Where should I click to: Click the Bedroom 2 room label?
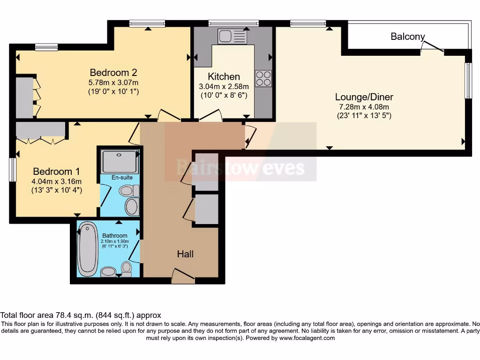click(x=113, y=73)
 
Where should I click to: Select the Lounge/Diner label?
click(x=364, y=97)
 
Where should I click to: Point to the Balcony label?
click(x=407, y=37)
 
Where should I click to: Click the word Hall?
click(x=185, y=254)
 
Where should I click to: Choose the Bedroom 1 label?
click(x=52, y=172)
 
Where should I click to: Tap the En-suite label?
click(x=121, y=178)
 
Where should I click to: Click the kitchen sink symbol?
click(x=232, y=36)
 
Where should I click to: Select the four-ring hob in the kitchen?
click(x=263, y=78)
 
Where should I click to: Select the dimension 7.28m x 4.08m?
click(x=364, y=107)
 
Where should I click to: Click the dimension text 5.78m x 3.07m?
click(x=113, y=83)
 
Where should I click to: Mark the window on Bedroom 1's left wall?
click(x=13, y=169)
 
